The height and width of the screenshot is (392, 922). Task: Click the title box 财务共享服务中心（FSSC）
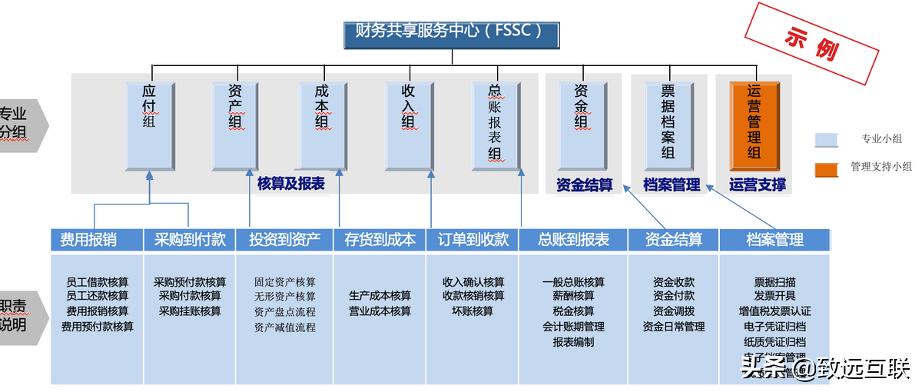[451, 33]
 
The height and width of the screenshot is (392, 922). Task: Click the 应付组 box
[150, 125]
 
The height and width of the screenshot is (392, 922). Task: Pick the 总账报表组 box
[496, 125]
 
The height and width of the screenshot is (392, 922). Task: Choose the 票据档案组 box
[668, 125]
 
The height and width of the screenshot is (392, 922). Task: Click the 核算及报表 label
[290, 184]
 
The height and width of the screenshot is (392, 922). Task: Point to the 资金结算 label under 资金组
[584, 184]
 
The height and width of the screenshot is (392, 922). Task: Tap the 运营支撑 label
[757, 184]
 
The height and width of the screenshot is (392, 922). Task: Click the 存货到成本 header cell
[380, 240]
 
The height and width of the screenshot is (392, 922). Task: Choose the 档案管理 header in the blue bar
[774, 240]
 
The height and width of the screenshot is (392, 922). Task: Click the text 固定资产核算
[285, 282]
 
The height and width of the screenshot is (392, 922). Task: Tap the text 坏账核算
[473, 311]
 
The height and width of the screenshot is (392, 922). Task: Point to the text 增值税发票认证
[774, 311]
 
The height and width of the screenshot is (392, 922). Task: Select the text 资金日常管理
[674, 327]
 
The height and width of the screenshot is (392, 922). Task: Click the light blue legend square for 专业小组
[825, 139]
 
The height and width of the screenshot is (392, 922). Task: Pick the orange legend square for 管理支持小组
[825, 167]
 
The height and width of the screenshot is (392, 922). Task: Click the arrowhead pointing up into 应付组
[150, 176]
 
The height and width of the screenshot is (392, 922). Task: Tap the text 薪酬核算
[573, 297]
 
